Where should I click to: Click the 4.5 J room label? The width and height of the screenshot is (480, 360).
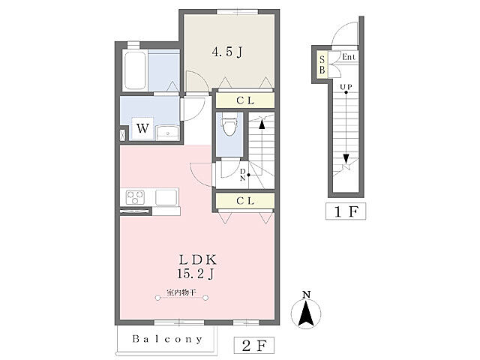click(x=227, y=52)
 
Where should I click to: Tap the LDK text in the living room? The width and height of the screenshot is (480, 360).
click(x=198, y=260)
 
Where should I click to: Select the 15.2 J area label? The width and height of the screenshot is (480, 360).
click(x=195, y=273)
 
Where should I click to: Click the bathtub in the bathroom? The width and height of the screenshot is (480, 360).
click(x=135, y=70)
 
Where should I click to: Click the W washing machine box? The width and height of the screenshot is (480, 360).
click(x=142, y=128)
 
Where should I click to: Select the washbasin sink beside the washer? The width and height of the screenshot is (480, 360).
click(x=167, y=132)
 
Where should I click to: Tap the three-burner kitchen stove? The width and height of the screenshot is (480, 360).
click(x=135, y=197)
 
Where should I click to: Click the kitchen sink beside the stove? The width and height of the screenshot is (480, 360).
click(x=166, y=197)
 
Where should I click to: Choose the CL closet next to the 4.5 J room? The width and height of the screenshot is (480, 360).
click(x=245, y=100)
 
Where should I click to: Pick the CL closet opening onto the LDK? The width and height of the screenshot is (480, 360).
click(x=245, y=201)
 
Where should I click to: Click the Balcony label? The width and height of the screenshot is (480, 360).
click(x=167, y=339)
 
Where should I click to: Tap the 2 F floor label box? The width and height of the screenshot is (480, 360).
click(x=253, y=346)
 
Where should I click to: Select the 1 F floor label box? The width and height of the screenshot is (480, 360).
click(x=346, y=211)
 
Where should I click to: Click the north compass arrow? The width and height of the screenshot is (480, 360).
click(x=306, y=313)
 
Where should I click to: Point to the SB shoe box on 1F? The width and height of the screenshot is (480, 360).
click(x=322, y=65)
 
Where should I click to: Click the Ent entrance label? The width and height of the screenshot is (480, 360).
click(x=349, y=57)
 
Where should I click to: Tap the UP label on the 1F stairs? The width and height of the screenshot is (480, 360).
click(x=346, y=87)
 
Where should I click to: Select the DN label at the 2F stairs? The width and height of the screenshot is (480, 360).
click(x=242, y=175)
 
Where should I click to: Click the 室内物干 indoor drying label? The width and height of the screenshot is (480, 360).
click(x=181, y=292)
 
